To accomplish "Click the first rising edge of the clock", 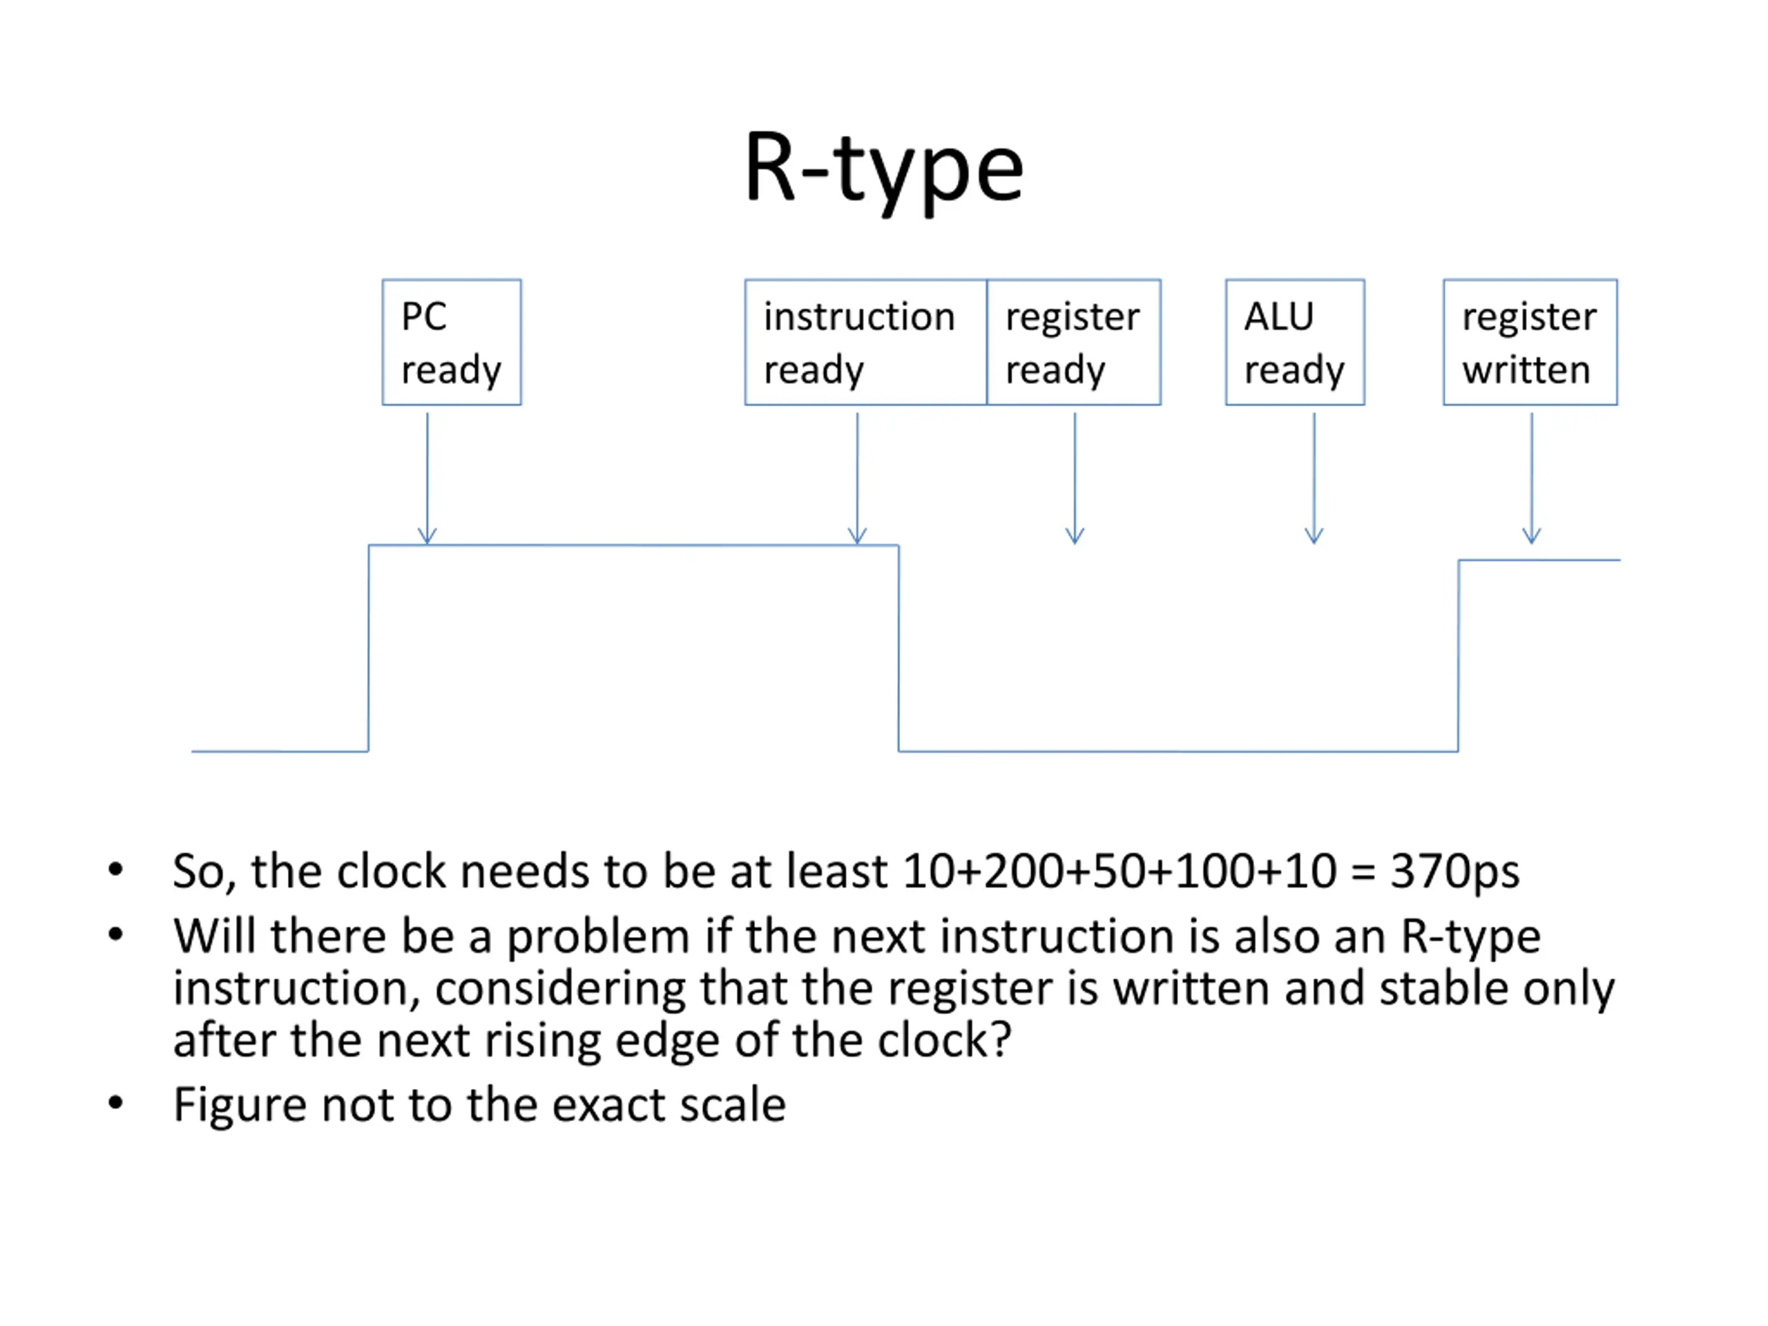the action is pos(369,648).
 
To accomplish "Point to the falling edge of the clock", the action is pos(899,648).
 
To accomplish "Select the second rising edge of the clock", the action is pos(1459,655).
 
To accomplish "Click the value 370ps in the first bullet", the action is pos(1454,871).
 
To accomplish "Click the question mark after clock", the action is pos(1000,1040).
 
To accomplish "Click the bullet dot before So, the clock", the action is pos(116,869).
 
